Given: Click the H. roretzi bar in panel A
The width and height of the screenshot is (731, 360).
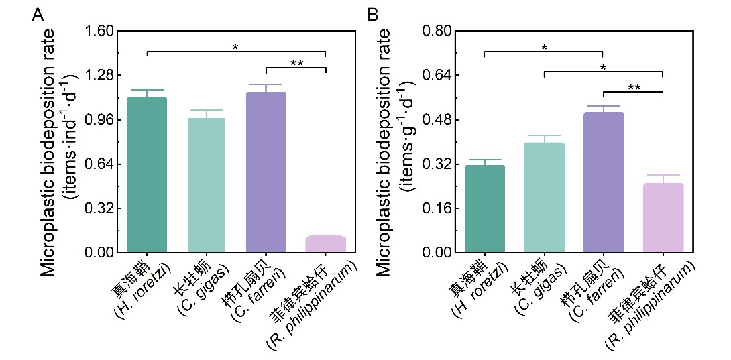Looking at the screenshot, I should click(x=147, y=174).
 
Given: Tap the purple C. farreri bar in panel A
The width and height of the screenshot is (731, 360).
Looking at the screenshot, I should click(x=266, y=172).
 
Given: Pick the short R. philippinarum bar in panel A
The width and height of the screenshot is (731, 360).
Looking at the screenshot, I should click(x=325, y=245).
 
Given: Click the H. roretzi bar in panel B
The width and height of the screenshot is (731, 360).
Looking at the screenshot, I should click(x=484, y=208).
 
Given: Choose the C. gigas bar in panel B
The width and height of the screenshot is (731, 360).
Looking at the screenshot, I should click(x=544, y=198).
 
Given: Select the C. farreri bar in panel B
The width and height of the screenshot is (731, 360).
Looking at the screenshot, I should click(x=604, y=182).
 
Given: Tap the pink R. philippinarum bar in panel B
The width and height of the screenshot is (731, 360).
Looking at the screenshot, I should click(x=663, y=218).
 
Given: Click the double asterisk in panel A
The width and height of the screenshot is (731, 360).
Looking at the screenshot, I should click(x=296, y=64).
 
